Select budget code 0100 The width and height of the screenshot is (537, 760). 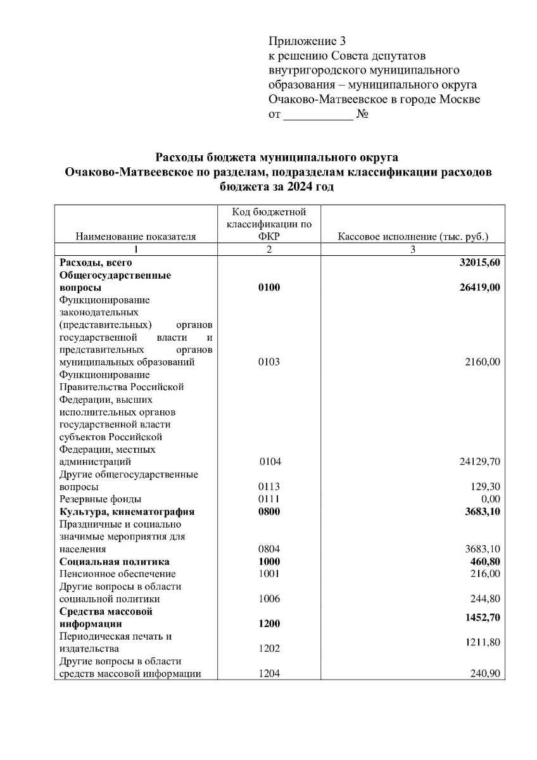(x=269, y=288)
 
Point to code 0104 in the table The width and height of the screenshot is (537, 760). (x=270, y=462)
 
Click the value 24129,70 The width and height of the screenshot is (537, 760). (x=479, y=462)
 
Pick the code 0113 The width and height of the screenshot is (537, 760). (x=269, y=487)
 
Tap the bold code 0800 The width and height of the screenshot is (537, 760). (x=269, y=512)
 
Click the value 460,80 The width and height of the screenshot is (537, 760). (x=485, y=562)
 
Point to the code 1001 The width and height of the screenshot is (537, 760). (x=269, y=574)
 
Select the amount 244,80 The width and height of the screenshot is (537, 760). (x=485, y=598)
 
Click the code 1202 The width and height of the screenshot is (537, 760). (x=269, y=649)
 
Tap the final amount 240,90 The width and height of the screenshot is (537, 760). (x=485, y=674)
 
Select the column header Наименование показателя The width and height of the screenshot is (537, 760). (x=136, y=237)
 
